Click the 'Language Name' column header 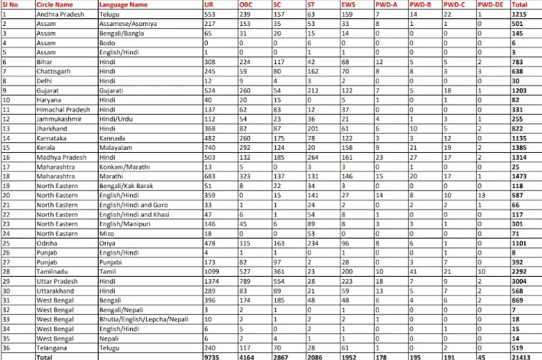(x=123, y=5)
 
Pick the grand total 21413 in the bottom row (x=523, y=355)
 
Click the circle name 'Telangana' (x=50, y=346)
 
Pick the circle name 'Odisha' (x=47, y=243)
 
